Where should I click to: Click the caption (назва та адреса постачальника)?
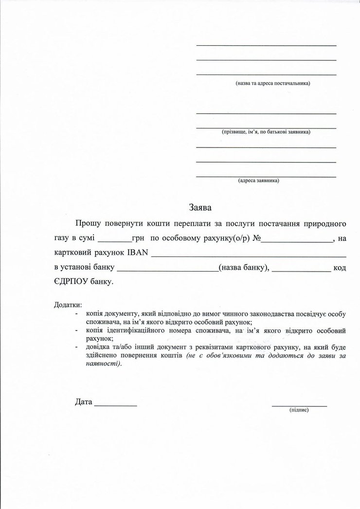272,83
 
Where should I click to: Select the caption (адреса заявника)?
258,181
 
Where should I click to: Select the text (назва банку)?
243,268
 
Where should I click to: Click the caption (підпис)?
299,410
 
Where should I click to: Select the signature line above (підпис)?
299,405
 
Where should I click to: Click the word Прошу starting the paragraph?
88,224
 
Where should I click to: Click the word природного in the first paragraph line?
324,224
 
